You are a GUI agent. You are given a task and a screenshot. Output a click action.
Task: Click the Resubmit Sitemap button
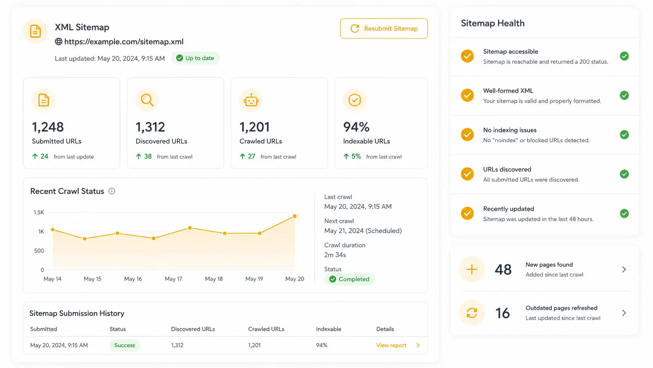[384, 28]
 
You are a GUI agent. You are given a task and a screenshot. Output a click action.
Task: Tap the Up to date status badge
[195, 58]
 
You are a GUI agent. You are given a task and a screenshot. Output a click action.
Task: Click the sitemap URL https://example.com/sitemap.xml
[123, 42]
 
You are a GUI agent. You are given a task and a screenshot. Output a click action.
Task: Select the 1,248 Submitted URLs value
[48, 127]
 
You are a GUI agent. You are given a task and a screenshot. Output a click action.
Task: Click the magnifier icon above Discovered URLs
[147, 100]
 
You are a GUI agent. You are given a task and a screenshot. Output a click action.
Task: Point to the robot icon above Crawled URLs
[251, 101]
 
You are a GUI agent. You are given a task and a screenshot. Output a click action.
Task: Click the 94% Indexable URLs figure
[356, 127]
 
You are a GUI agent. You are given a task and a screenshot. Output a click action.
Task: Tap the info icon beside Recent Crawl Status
[112, 191]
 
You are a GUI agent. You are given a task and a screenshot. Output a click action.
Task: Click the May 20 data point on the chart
[295, 216]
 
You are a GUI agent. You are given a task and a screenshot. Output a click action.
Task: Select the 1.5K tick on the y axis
[39, 212]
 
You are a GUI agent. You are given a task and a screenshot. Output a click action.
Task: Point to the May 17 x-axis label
[173, 279]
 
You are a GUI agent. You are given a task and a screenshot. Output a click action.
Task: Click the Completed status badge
[350, 279]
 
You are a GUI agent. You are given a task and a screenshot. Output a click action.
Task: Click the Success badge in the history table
[125, 345]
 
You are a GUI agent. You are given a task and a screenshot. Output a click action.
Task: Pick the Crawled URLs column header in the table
[266, 329]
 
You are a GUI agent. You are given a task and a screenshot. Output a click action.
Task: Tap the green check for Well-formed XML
[624, 95]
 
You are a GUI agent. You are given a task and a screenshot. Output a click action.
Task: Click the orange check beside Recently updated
[467, 213]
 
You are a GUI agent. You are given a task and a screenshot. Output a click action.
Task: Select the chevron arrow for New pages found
[624, 269]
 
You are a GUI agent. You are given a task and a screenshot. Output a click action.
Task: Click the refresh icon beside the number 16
[472, 313]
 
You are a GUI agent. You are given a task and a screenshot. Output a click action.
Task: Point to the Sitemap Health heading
[492, 23]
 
